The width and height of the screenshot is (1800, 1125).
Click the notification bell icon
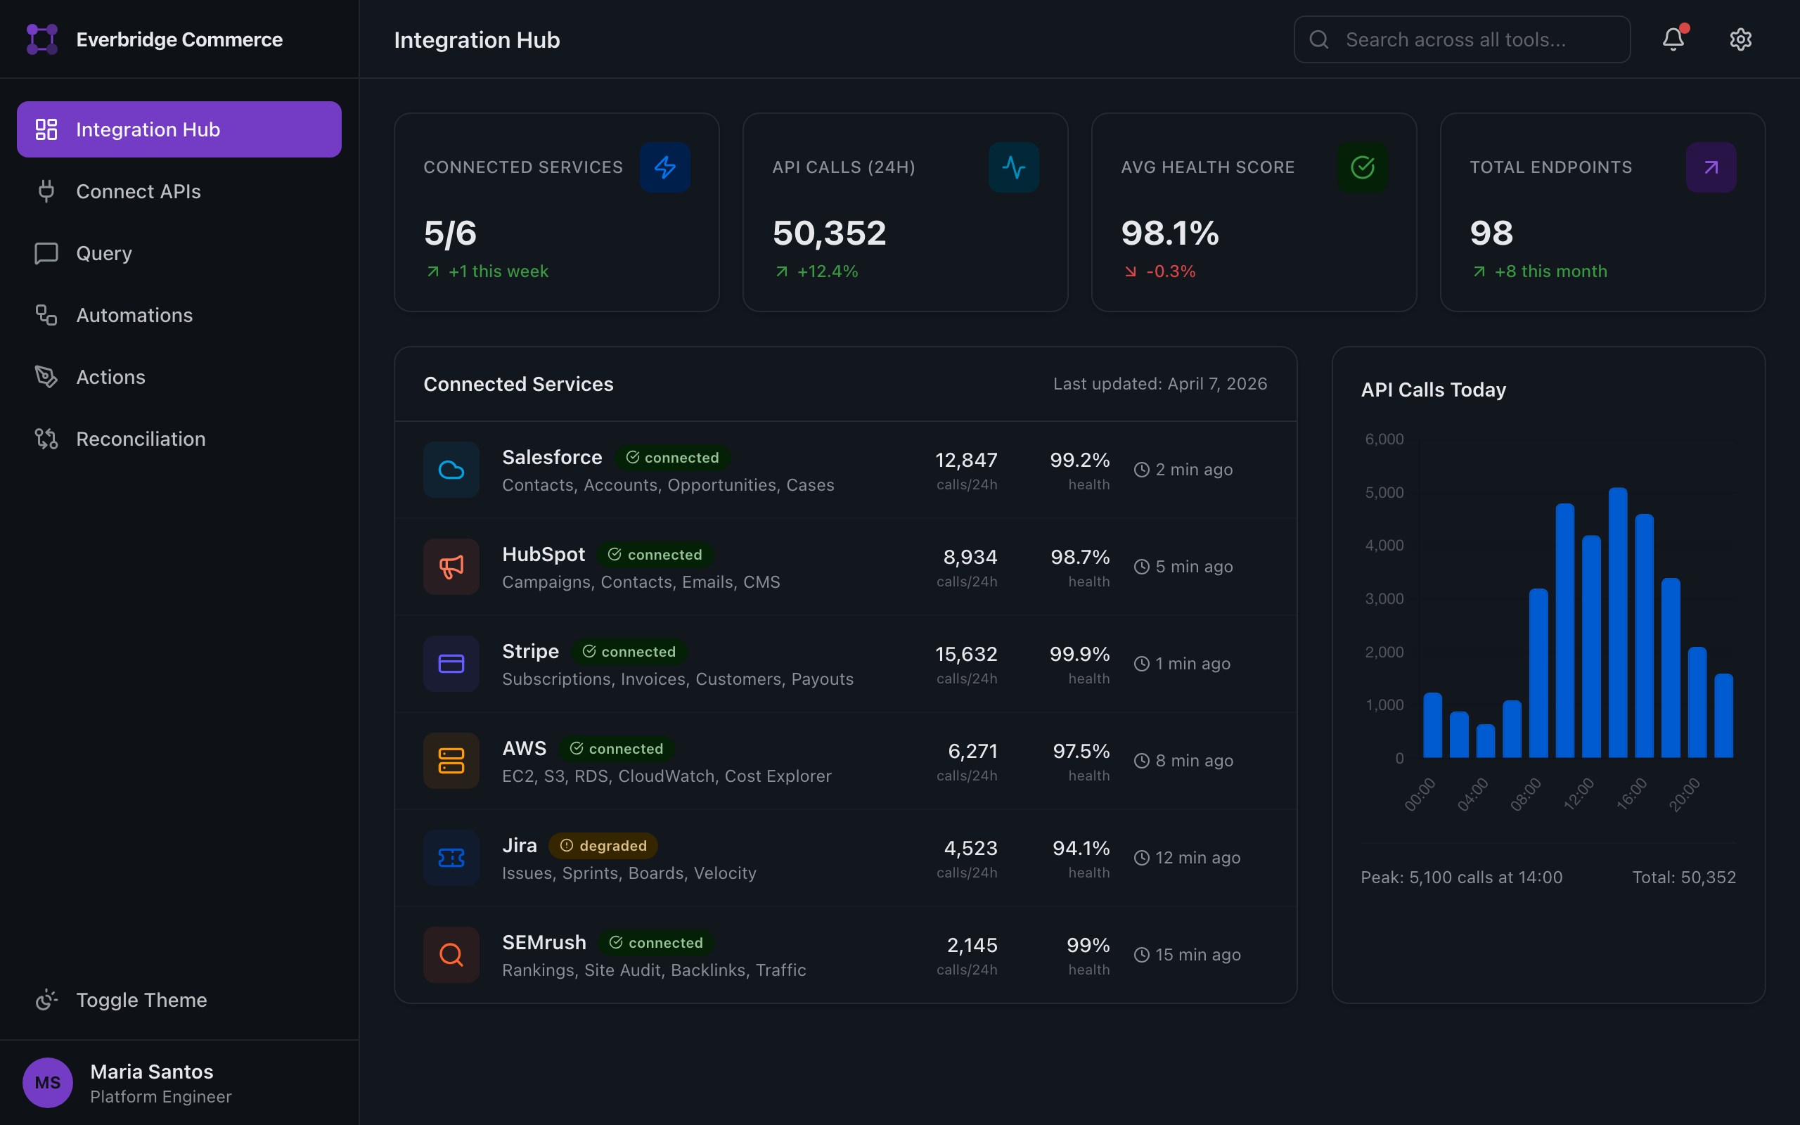(1673, 39)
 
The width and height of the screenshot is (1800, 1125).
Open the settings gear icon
(1740, 39)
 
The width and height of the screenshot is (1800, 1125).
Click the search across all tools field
(1462, 39)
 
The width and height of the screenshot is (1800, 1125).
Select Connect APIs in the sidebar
(139, 191)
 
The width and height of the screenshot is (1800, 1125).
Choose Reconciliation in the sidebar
(141, 439)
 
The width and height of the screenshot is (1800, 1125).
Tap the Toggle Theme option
(141, 999)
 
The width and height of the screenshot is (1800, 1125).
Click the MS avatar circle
(48, 1082)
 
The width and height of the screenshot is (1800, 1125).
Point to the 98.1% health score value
(1169, 233)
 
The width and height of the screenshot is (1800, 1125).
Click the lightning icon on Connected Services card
(664, 167)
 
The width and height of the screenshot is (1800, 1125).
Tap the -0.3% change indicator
(1170, 271)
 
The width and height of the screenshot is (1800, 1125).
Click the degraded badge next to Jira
(603, 845)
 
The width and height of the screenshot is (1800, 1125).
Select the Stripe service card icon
(451, 664)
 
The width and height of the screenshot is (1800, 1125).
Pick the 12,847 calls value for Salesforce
(965, 460)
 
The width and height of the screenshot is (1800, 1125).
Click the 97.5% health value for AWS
(1081, 751)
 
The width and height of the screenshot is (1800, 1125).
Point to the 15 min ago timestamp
(1197, 955)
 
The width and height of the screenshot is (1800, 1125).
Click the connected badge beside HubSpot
(655, 554)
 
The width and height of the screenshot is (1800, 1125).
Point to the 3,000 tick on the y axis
(1384, 599)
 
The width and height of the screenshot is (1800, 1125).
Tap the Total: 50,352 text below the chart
(1683, 877)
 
